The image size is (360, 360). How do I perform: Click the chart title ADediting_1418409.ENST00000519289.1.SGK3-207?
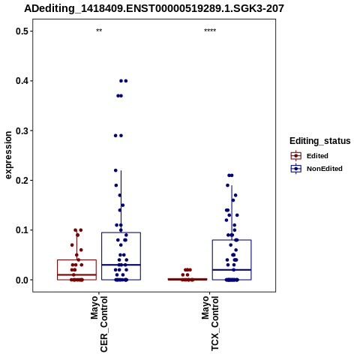(x=154, y=8)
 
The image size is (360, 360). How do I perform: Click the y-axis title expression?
(x=8, y=155)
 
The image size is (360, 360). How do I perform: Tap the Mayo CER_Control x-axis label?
(x=99, y=324)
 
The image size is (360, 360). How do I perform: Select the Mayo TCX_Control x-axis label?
(x=210, y=323)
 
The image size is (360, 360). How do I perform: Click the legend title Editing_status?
(x=320, y=141)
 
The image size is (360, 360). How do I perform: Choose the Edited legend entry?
(x=310, y=156)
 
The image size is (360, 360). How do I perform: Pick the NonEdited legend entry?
(x=316, y=169)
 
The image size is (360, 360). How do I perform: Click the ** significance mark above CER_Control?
(x=99, y=31)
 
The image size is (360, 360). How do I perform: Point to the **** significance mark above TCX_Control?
(x=210, y=31)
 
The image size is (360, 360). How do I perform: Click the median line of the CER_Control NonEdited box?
(x=121, y=265)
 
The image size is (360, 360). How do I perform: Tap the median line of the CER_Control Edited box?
(x=76, y=274)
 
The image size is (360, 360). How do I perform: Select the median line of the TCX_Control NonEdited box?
(x=232, y=270)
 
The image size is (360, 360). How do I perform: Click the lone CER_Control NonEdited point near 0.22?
(x=115, y=170)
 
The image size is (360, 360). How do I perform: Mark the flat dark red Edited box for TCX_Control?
(x=187, y=279)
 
